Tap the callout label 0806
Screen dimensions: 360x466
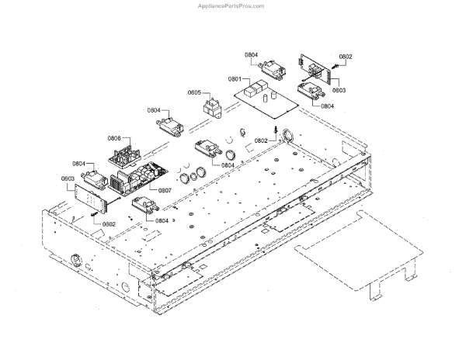(114, 139)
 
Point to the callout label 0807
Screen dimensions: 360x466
(165, 190)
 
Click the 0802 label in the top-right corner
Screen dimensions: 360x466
(346, 56)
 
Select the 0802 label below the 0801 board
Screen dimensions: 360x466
(261, 140)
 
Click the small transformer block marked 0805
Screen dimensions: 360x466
(212, 104)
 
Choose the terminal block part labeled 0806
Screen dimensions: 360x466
(123, 152)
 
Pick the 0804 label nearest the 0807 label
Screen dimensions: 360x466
(162, 221)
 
